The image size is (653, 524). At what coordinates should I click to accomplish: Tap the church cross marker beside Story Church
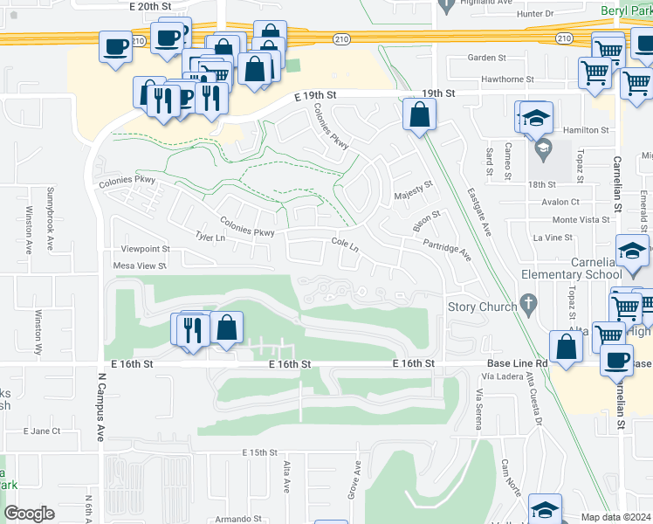(526, 305)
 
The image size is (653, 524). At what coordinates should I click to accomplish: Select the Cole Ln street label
(345, 245)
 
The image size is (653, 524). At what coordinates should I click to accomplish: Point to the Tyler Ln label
(211, 238)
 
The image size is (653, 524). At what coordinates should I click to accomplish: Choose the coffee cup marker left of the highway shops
(114, 48)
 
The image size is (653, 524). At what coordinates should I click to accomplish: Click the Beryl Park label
(625, 10)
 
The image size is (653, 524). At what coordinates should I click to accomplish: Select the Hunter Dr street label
(535, 14)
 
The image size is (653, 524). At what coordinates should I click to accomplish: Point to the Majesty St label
(414, 189)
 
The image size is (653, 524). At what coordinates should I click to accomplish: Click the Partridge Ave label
(448, 251)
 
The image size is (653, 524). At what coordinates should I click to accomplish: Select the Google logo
(29, 514)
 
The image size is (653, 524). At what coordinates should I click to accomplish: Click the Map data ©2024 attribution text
(615, 517)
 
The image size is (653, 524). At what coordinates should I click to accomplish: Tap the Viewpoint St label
(145, 249)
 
